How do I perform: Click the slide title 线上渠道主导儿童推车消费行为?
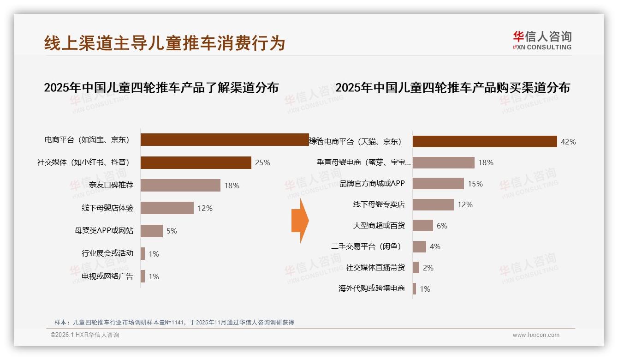coord(165,43)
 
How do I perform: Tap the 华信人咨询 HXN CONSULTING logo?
coord(542,41)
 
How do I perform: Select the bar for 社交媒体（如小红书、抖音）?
coord(196,162)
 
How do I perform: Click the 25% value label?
coord(262,162)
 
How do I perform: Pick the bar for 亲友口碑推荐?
coord(180,185)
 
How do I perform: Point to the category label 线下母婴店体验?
coord(107,208)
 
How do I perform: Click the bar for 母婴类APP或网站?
coord(151,231)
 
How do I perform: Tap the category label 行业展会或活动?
coord(107,253)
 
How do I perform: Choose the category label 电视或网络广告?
coord(107,276)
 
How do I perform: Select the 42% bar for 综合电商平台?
coord(484,142)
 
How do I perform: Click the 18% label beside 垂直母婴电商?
coord(486,162)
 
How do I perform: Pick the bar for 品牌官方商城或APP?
coord(438,183)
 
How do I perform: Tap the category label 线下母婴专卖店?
coord(379,204)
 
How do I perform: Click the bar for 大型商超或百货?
coord(422,225)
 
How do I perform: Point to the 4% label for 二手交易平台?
coord(435,246)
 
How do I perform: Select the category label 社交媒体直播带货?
coord(375,268)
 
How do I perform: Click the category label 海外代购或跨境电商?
coord(372,288)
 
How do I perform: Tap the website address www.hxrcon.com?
coord(536,335)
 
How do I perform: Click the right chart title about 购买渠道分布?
coord(452,88)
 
